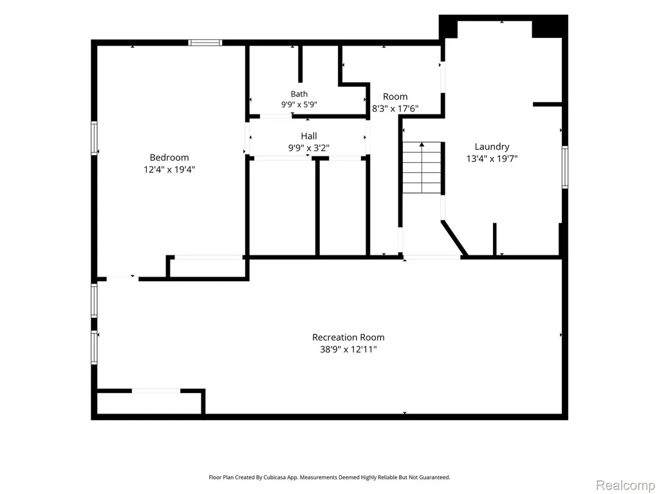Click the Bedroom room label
coord(169,158)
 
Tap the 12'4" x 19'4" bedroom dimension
coord(169,170)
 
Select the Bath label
coord(299,94)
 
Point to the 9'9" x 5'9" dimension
coord(299,105)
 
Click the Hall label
coord(309,136)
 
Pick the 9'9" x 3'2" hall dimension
coord(309,148)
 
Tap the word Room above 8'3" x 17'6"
coord(395,96)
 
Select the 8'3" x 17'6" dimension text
coord(395,109)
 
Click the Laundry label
coord(492,147)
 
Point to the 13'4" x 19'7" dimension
coord(492,159)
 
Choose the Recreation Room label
coord(348,337)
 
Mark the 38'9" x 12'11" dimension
coord(348,349)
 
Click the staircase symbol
coord(422,168)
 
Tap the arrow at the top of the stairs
coord(422,145)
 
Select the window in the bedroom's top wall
coord(205,42)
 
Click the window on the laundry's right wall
coord(565,167)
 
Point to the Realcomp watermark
coord(626,485)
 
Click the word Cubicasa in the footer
coord(275,477)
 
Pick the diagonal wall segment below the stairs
coord(454,238)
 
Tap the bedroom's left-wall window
coord(94,138)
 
